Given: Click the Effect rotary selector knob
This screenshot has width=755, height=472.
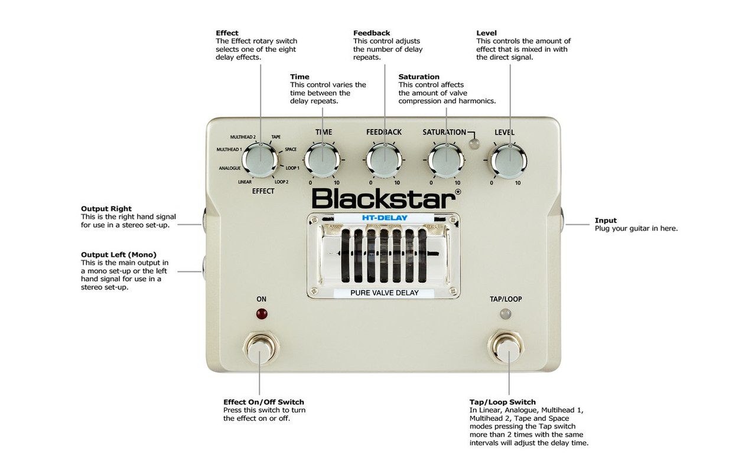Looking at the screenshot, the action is [x=260, y=160].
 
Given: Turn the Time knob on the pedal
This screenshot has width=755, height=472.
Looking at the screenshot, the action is [x=322, y=160].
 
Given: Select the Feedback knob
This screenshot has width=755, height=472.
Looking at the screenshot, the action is [x=384, y=160].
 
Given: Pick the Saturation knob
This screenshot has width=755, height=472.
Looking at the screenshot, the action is [x=446, y=160].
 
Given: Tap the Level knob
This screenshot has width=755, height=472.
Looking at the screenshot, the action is [x=509, y=161].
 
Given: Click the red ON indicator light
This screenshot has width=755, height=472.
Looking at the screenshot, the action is [x=262, y=314].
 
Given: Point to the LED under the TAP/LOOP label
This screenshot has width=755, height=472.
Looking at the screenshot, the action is [x=506, y=314].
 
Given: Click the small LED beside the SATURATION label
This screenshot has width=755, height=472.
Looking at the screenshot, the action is [x=474, y=144].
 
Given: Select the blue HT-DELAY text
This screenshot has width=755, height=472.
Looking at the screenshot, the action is [x=385, y=218].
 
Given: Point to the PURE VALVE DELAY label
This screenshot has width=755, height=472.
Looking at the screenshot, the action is [x=384, y=293].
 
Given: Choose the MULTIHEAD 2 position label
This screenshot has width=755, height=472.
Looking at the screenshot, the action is [x=243, y=137].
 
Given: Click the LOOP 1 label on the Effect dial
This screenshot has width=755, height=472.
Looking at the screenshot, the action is [x=292, y=168].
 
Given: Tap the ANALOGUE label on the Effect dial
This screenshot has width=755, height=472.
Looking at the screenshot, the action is [x=230, y=168].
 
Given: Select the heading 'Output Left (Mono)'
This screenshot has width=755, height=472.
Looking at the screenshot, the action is [x=119, y=255].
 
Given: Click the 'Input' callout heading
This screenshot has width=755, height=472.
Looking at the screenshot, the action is [x=606, y=221].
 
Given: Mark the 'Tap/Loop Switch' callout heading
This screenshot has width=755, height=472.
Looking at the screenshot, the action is [x=503, y=402].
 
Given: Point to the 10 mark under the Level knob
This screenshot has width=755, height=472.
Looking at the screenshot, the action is [x=518, y=183].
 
